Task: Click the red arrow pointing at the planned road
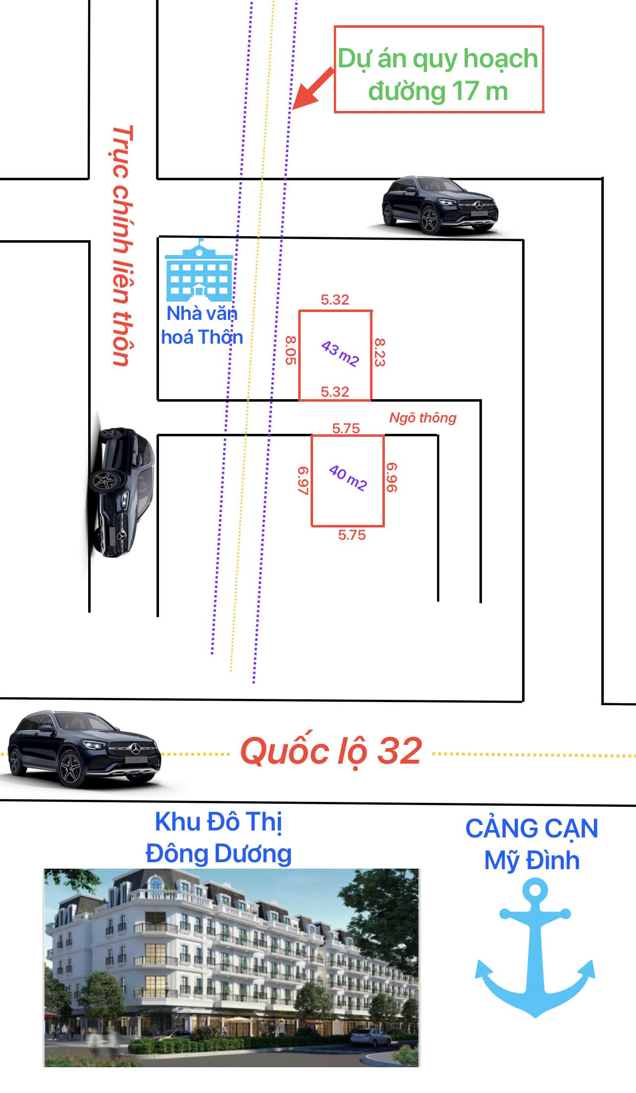313,88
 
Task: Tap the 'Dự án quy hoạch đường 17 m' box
439,69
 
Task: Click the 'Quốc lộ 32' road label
331,751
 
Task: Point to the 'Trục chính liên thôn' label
121,246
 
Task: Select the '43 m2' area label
340,353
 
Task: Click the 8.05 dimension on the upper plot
291,350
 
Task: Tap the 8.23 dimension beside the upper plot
379,352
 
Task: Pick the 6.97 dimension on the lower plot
303,480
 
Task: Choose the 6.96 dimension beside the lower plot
391,477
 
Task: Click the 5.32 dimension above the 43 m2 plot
335,300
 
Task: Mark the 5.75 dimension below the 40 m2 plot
352,535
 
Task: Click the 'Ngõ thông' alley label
423,418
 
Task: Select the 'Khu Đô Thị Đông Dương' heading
218,837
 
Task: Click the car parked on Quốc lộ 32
84,749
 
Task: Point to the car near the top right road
440,205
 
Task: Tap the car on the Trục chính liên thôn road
122,492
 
